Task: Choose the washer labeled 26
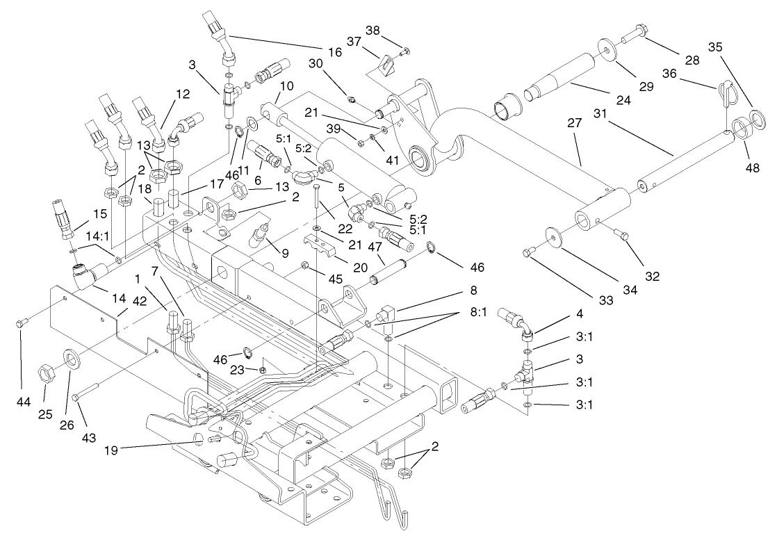pos(72,360)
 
